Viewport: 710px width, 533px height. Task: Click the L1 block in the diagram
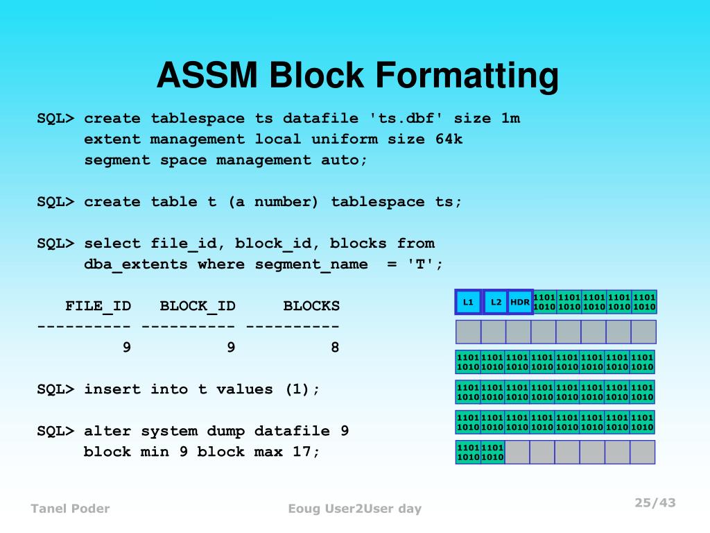coord(468,302)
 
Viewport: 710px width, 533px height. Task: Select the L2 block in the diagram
coord(496,302)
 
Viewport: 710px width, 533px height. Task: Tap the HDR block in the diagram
coord(520,302)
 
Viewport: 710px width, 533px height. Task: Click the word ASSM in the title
coord(207,76)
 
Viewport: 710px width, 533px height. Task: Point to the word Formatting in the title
coord(467,76)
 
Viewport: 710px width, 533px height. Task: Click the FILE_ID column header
coord(98,306)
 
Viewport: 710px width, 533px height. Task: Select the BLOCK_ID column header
coord(198,306)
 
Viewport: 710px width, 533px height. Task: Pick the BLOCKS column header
coord(311,306)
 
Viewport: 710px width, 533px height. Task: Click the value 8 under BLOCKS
coord(335,348)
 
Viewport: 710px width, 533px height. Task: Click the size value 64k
coord(449,139)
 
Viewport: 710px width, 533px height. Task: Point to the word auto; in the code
coord(344,160)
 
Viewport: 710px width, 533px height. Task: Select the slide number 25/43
coord(655,503)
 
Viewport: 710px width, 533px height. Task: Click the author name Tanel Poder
coord(70,509)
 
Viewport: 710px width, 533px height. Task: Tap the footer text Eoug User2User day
coord(354,509)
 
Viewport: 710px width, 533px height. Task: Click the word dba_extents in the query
coord(136,264)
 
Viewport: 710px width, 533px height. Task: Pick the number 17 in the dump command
coord(306,452)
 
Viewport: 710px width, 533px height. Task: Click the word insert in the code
coord(112,389)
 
